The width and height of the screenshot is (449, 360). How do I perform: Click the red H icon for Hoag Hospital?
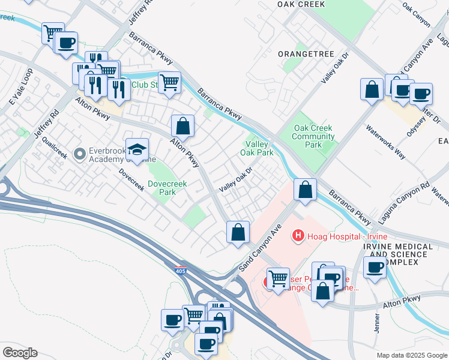tap(297, 236)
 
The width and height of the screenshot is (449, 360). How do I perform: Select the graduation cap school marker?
tap(137, 151)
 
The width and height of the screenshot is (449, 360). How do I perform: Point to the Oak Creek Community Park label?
tap(313, 136)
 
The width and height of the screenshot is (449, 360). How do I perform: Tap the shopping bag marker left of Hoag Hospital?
tap(238, 232)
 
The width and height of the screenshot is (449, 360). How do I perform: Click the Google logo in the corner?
tap(20, 353)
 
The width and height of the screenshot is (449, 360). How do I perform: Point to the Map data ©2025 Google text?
tap(411, 355)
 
